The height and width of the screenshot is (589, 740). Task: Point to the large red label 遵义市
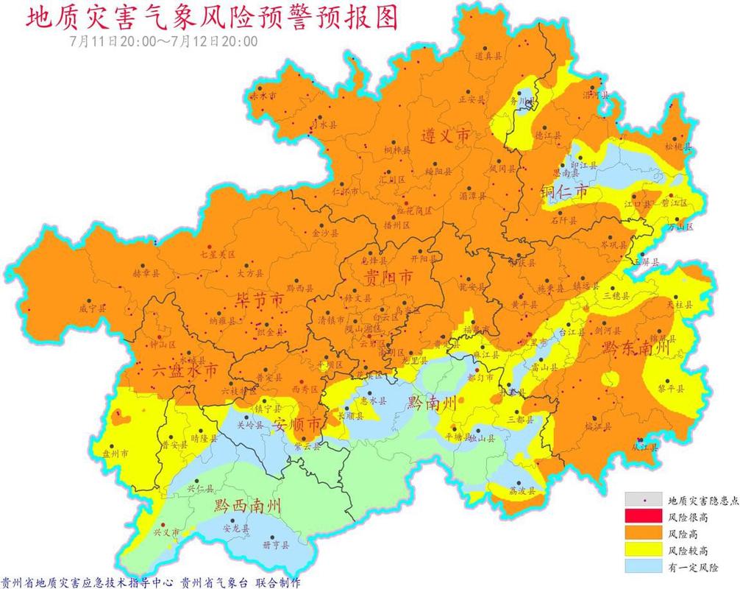[445, 135]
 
